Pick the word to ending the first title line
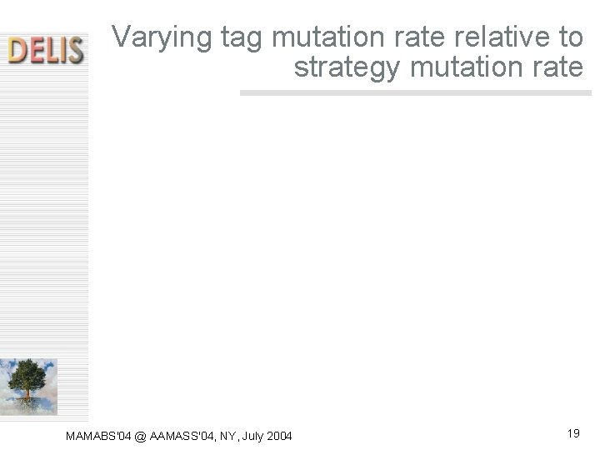[x=571, y=37]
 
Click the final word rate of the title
[x=557, y=67]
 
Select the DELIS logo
[x=45, y=49]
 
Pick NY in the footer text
[x=227, y=434]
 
